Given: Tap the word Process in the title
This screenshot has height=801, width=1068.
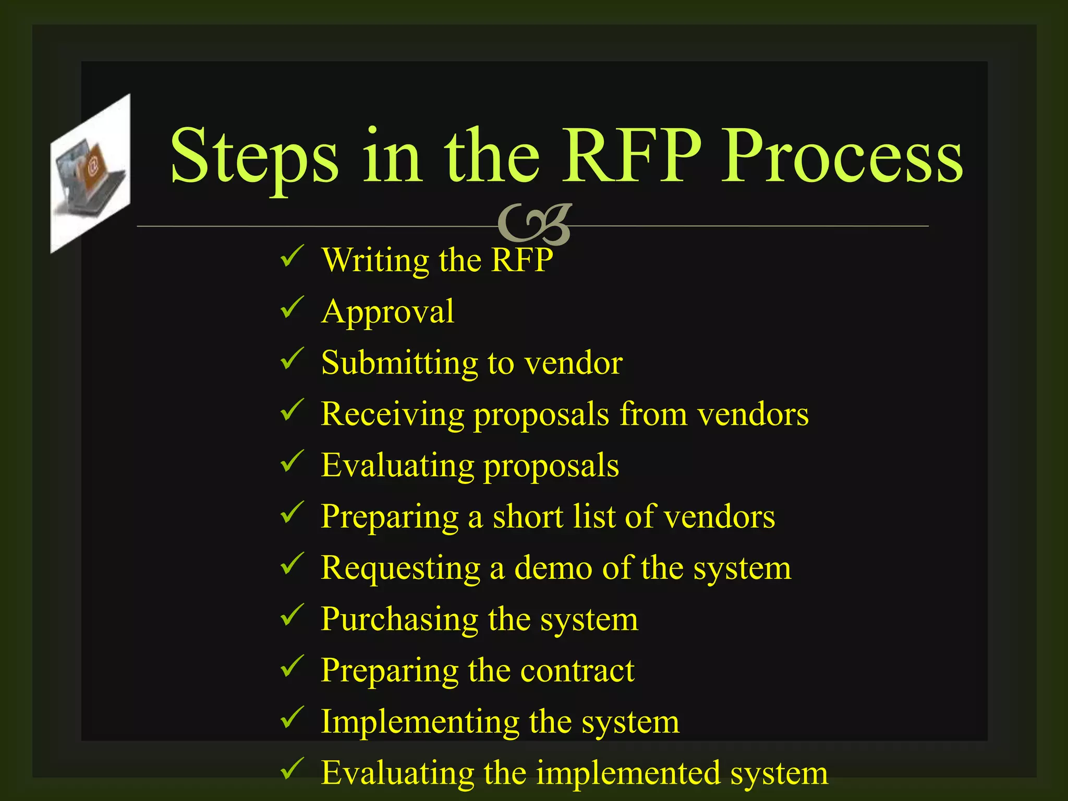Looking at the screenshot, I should point(842,156).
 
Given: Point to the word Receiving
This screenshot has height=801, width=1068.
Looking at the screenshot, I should point(392,414).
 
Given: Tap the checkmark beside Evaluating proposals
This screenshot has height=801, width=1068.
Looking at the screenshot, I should point(292,461).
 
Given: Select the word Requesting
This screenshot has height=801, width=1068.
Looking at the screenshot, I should point(400,568).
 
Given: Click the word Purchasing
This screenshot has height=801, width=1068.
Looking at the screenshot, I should point(399,620).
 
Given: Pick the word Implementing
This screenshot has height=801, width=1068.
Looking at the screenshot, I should point(420,722).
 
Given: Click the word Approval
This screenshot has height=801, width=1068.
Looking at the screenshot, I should point(387,312).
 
